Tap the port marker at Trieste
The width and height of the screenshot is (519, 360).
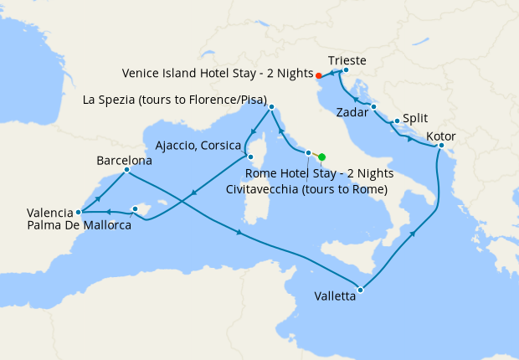(x=346, y=70)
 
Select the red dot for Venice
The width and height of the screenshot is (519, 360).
(x=319, y=76)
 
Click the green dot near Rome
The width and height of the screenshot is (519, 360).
(x=322, y=156)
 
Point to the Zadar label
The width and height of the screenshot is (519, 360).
(x=352, y=111)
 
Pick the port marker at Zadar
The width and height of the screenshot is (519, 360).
(x=373, y=106)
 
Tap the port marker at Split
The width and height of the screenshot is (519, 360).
(x=397, y=121)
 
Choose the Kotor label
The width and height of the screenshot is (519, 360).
(x=440, y=136)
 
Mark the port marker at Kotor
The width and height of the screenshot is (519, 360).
(x=441, y=147)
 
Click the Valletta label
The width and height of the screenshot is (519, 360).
(x=339, y=296)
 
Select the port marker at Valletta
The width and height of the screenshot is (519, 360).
(x=360, y=291)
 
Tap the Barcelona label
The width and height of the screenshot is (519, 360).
(x=124, y=159)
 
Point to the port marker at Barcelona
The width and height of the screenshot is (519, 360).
(x=126, y=170)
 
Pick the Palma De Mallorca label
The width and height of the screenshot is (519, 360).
(x=79, y=225)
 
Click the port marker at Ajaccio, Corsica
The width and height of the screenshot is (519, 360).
(x=249, y=157)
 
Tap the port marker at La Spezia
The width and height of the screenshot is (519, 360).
(x=271, y=107)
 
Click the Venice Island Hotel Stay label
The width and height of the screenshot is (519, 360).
(x=217, y=73)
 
